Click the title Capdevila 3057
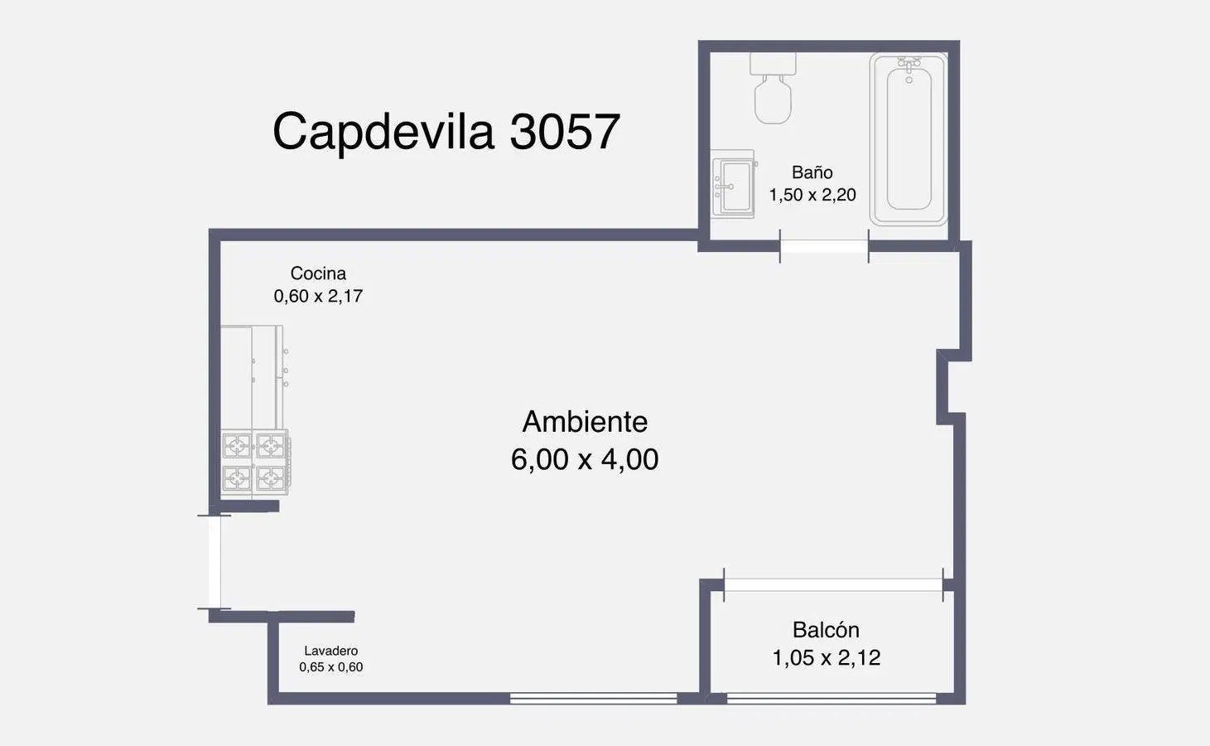[446, 132]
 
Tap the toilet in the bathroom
[773, 88]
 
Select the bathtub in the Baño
[909, 139]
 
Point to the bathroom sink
[734, 184]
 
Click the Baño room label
[812, 172]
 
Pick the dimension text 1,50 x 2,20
[812, 195]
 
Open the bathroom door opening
[824, 246]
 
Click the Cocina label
[318, 273]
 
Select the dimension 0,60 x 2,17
[318, 296]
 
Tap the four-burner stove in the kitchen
[255, 463]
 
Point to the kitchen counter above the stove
[252, 377]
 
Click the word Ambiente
[585, 422]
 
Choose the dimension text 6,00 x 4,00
[585, 459]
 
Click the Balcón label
[826, 630]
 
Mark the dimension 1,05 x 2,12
[827, 658]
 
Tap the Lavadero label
[330, 651]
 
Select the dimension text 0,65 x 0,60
[331, 667]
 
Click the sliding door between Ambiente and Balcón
[833, 585]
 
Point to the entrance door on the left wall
[215, 562]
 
